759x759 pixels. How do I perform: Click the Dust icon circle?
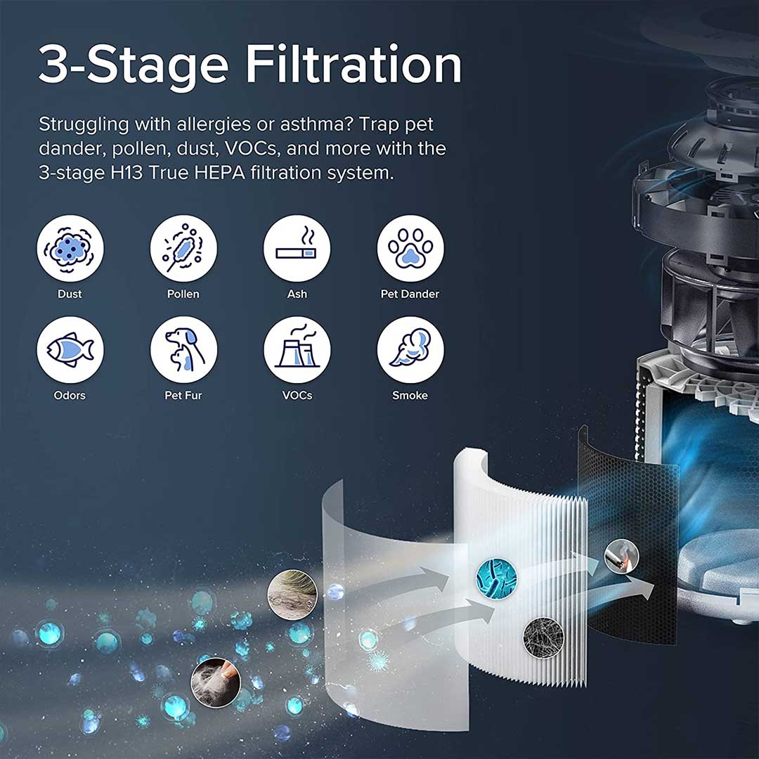point(70,248)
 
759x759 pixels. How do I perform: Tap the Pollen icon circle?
point(183,248)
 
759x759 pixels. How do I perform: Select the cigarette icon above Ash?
point(297,248)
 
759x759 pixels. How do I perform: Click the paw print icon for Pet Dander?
point(410,248)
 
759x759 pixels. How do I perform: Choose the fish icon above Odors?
point(70,349)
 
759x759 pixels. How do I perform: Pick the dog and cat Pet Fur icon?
point(183,349)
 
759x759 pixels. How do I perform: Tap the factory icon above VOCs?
point(297,349)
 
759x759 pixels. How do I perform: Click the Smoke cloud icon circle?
point(410,349)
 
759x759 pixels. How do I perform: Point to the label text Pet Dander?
point(410,294)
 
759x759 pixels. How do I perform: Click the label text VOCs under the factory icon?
point(297,396)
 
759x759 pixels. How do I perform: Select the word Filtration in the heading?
point(353,65)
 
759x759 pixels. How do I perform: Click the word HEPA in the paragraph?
point(219,173)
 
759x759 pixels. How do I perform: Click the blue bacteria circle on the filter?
point(496,578)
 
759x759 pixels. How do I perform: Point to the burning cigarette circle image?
point(621,556)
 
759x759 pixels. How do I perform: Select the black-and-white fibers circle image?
point(543,637)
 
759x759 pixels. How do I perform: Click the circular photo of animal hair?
point(292,595)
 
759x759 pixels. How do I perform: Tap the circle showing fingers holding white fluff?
point(216,682)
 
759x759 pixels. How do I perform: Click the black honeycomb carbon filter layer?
point(629,538)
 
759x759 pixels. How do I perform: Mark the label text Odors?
point(70,396)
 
